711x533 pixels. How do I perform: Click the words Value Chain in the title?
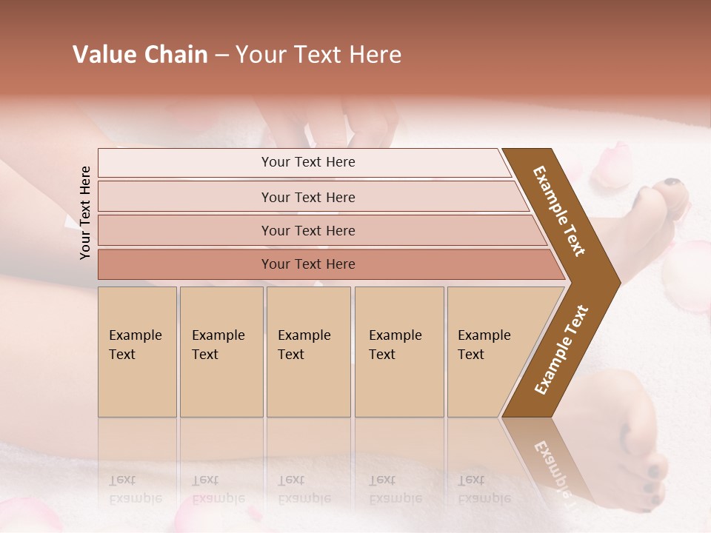pos(140,55)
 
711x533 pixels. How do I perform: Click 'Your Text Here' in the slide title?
pos(318,55)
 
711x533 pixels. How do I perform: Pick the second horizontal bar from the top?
pos(308,197)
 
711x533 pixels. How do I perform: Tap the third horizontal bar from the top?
pos(308,230)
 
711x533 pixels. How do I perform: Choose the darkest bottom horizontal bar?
pos(308,264)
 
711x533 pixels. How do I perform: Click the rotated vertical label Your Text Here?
pos(85,213)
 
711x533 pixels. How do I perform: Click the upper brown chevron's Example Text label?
pos(559,211)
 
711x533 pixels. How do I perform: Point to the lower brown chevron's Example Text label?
pos(561,350)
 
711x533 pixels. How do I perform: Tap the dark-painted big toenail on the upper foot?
pos(671,182)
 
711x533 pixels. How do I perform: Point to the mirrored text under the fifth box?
pos(483,489)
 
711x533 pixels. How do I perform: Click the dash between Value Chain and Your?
pos(221,56)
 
